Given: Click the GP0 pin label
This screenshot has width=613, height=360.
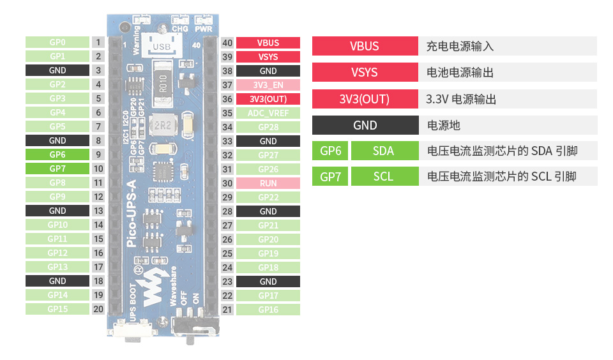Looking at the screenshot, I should (57, 42).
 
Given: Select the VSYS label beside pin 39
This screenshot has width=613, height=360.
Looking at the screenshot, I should (268, 57).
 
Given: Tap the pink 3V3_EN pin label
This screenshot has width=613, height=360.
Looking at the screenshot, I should (268, 85).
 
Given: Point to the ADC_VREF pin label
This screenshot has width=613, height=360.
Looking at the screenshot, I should (268, 113).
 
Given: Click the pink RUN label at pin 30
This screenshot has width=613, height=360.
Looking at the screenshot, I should (268, 183).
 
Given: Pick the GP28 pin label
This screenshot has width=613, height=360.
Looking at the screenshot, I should (268, 127).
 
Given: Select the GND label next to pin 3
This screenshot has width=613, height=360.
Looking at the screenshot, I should (57, 70).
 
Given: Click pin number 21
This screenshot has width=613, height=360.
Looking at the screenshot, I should (227, 310).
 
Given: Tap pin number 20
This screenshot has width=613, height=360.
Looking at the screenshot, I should (98, 310).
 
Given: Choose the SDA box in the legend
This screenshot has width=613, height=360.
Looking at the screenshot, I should (384, 151).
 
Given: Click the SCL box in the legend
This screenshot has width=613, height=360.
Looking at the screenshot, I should (384, 177).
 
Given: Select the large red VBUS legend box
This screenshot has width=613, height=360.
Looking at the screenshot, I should (365, 46).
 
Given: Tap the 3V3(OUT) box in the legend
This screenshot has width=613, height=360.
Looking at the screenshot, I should (365, 99).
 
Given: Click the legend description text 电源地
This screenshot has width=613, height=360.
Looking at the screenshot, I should (443, 126).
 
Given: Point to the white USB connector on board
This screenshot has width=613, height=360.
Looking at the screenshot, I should (162, 45).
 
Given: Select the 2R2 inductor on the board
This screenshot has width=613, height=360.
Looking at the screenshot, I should (161, 125).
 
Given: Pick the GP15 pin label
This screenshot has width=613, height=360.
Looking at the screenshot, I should (57, 310).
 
